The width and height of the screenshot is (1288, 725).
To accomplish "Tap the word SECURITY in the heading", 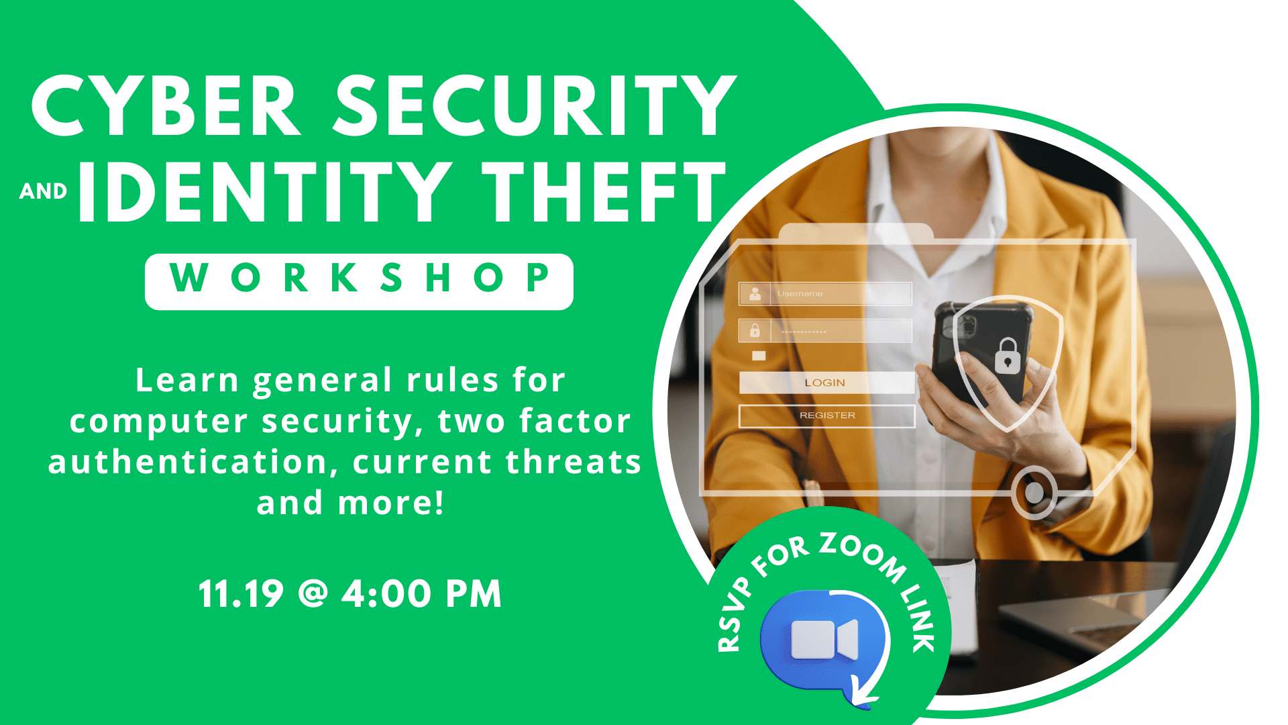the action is [x=535, y=105].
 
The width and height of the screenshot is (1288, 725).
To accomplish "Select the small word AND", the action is [x=44, y=191].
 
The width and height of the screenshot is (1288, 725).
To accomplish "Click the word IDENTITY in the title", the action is [x=266, y=192].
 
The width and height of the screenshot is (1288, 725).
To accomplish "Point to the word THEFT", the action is [x=604, y=192].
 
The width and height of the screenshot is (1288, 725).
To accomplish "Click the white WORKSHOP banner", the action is [x=359, y=281].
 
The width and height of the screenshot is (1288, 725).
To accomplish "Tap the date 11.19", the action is [x=241, y=594].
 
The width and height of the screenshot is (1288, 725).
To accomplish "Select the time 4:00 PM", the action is [x=422, y=594].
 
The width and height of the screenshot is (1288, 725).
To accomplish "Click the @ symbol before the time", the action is [x=313, y=594].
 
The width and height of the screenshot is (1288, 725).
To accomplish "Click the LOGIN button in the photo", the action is [x=826, y=383].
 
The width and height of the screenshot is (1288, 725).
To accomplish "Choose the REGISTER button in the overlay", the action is [x=826, y=416].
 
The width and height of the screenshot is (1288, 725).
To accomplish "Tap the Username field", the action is [x=825, y=294].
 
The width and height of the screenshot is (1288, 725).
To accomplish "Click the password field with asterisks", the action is [x=825, y=331].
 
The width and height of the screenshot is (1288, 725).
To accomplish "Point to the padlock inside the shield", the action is [x=1007, y=356].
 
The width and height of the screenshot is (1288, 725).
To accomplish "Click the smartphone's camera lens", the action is [x=965, y=327].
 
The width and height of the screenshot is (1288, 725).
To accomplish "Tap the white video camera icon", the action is [x=824, y=639].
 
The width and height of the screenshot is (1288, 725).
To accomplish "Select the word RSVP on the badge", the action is [x=735, y=616].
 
